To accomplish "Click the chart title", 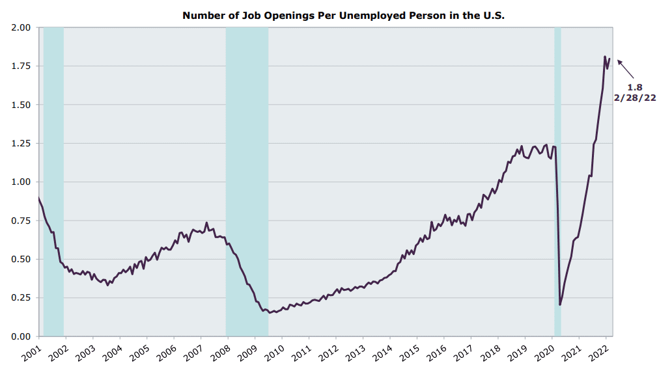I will [343, 15].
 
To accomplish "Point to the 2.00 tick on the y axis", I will [21, 28].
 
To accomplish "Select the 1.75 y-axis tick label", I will [21, 66].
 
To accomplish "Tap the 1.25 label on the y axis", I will [21, 143].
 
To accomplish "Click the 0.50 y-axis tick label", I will [21, 259].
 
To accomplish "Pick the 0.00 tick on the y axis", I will [21, 336].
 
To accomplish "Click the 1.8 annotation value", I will [634, 87].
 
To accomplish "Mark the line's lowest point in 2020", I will [560, 304].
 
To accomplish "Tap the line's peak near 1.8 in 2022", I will [605, 57].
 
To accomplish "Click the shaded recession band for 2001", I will [53, 182].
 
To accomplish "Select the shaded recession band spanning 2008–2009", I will [247, 182].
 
